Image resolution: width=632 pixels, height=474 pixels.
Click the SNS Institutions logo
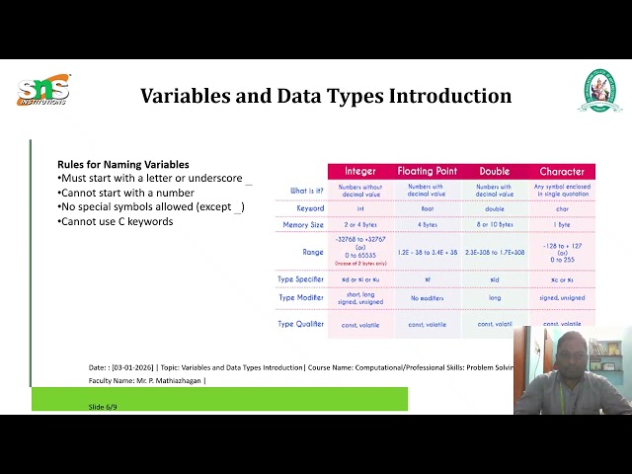point(42,91)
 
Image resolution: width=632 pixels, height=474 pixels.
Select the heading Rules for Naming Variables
point(123,164)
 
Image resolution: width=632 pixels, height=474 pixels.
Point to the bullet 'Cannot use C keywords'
point(118,221)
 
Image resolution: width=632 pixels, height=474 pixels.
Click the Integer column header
point(359,172)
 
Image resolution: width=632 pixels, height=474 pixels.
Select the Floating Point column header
point(428,172)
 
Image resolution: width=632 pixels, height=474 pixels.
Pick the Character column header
point(562,172)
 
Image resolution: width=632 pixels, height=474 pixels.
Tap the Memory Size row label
point(303,225)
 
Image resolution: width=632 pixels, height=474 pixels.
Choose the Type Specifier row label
point(301,279)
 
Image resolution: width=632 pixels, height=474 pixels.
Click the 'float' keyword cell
point(428,208)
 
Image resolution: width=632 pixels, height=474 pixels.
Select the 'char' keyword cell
point(562,208)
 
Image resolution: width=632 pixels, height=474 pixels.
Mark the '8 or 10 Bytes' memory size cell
point(495,225)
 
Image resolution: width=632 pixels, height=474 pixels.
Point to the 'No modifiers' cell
point(428,297)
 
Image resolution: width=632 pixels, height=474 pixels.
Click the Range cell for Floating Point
point(428,252)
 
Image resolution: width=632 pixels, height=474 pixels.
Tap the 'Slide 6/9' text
point(103,406)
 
